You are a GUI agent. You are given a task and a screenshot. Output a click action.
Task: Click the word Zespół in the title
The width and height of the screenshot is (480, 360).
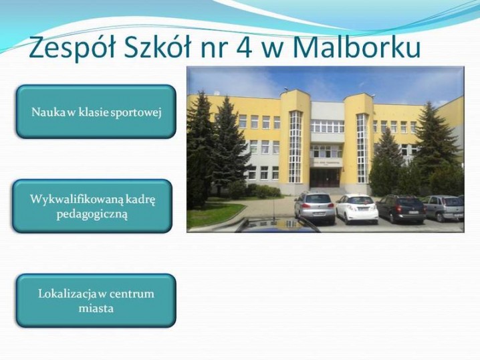(x=72, y=48)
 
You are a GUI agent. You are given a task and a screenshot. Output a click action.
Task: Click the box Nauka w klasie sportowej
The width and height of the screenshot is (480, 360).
(x=96, y=112)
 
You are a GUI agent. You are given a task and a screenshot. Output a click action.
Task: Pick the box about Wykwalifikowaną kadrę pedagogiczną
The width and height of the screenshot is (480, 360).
(x=92, y=206)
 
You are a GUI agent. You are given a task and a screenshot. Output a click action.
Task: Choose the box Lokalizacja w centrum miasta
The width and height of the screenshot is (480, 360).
(x=96, y=300)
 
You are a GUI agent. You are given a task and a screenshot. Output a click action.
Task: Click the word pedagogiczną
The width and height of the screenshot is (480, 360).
(x=92, y=214)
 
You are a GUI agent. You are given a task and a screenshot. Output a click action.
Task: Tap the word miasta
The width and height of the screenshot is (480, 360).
(x=96, y=308)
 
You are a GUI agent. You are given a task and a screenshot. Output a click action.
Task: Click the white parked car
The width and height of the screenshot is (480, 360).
(x=357, y=208)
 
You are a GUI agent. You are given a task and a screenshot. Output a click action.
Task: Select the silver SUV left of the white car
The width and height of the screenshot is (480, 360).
(x=315, y=208)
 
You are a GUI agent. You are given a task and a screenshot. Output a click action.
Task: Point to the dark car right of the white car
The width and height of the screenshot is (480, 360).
(x=401, y=208)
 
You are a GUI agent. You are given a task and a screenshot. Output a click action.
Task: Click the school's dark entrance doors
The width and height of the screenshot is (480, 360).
(x=324, y=178)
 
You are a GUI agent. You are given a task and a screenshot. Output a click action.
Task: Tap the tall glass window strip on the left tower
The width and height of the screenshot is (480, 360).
(x=295, y=147)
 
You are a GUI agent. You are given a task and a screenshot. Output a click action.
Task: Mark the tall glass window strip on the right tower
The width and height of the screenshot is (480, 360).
(x=362, y=149)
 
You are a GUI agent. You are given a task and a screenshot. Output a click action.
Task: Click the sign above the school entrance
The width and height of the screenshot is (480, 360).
(x=325, y=163)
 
